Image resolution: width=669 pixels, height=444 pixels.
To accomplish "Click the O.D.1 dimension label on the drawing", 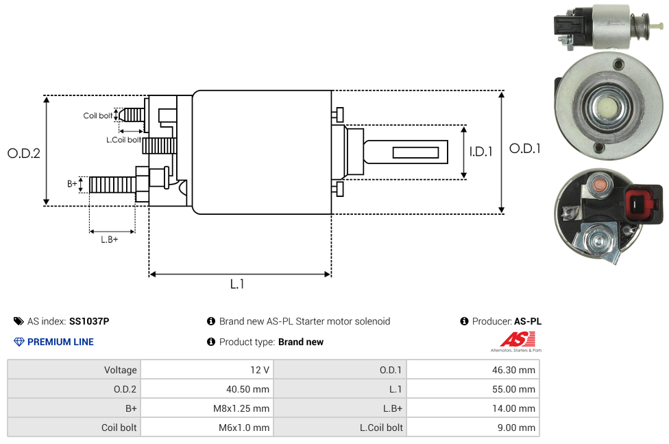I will (524, 148).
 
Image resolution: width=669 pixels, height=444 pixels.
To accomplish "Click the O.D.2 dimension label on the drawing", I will (24, 154).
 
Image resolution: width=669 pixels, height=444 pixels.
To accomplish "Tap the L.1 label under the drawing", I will (236, 284).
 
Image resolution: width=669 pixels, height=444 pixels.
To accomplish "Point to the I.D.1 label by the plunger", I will (481, 152).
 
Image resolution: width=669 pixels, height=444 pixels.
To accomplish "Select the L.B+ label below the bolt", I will (110, 239).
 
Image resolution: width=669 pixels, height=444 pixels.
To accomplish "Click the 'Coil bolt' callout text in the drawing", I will (98, 115).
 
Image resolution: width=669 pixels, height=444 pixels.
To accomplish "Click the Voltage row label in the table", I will (120, 370).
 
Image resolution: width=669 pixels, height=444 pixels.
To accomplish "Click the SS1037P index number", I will (89, 321).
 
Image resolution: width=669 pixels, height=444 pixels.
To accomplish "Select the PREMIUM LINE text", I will (60, 342).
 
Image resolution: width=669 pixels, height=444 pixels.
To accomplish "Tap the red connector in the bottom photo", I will (643, 204).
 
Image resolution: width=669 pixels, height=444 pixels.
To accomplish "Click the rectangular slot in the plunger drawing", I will (416, 152).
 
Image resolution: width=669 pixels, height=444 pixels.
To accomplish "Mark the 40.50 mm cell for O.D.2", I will (247, 389).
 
